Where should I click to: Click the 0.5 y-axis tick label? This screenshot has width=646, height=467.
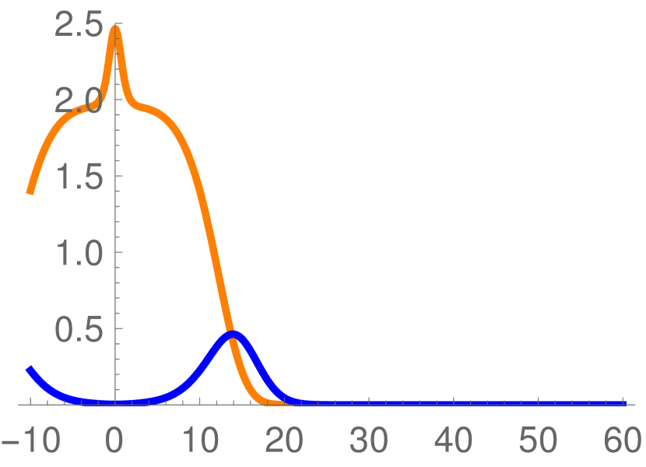pyautogui.click(x=78, y=328)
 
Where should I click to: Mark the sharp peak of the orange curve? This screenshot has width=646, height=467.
pyautogui.click(x=115, y=28)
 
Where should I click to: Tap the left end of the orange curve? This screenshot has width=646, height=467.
pyautogui.click(x=30, y=192)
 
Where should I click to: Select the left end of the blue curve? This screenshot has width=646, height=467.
pyautogui.click(x=29, y=367)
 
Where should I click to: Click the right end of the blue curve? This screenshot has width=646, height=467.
pyautogui.click(x=624, y=403)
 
